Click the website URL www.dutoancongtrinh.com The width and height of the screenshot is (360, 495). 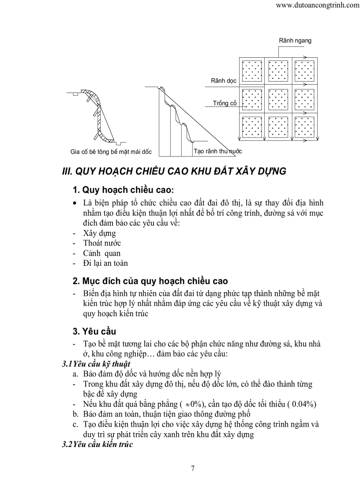click(x=317, y=6)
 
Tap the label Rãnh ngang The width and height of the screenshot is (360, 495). click(x=295, y=41)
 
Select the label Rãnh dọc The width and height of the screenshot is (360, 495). click(x=223, y=81)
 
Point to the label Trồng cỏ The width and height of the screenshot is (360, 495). click(x=225, y=103)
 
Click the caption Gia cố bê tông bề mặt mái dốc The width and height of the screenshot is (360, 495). click(x=111, y=152)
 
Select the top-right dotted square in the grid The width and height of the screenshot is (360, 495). click(x=304, y=71)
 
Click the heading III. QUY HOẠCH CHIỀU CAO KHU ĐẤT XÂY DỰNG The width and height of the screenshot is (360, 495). click(x=174, y=171)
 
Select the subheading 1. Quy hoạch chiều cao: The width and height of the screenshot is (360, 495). click(x=123, y=190)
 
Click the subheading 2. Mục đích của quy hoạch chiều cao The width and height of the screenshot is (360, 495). click(x=150, y=281)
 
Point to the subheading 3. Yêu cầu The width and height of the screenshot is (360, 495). click(x=94, y=331)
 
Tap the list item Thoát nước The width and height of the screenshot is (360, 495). click(x=102, y=243)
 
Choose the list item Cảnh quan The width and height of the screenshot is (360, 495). click(x=101, y=253)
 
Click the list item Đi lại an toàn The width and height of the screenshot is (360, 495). click(x=105, y=263)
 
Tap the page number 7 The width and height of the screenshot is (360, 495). click(x=192, y=469)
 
